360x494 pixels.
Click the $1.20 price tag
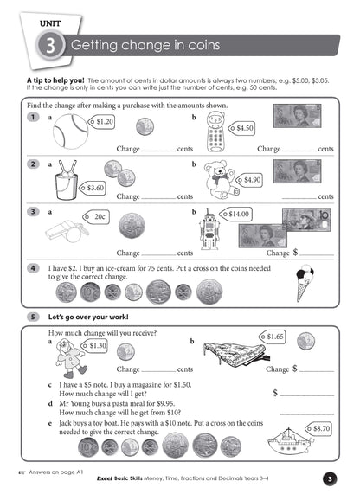[103, 122]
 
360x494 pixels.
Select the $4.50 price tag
[243, 128]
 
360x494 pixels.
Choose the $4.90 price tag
[250, 180]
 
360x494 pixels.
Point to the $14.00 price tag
[239, 213]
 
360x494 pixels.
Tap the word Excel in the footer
[108, 478]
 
